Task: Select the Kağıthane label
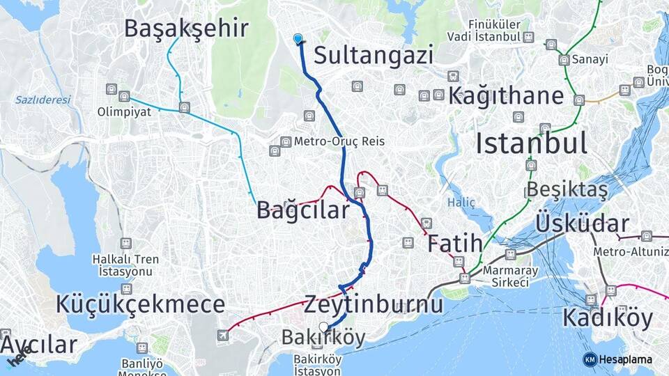point(505,96)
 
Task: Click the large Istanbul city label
point(531,143)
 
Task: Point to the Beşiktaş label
point(567,189)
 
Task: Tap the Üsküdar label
point(582,224)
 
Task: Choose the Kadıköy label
point(607,318)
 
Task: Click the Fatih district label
point(454,244)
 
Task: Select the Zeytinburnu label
point(374,305)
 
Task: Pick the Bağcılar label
point(302,210)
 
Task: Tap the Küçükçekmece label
point(140,304)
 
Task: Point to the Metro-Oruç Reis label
point(339,141)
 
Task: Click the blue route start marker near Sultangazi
point(299,39)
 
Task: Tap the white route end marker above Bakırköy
point(323,327)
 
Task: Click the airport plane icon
point(223,336)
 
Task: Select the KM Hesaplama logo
point(618,359)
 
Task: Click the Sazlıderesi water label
point(43,100)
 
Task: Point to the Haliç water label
point(461,203)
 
